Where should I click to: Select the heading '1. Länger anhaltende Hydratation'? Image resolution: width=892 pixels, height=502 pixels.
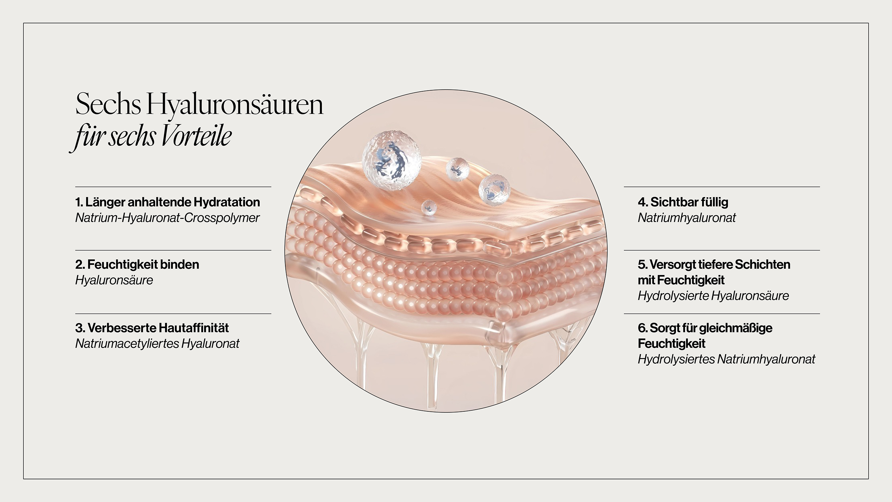(x=168, y=202)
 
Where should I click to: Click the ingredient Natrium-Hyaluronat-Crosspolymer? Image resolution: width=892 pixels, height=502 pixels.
(x=167, y=218)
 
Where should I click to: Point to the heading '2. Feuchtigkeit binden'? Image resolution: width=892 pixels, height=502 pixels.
(x=137, y=265)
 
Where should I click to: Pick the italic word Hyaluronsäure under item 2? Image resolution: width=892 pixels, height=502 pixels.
(x=114, y=280)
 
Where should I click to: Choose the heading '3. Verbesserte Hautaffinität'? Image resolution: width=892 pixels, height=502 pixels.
(x=152, y=328)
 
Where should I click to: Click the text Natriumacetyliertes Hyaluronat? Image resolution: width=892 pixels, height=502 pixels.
(x=157, y=344)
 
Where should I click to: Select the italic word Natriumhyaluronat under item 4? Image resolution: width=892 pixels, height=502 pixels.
(x=687, y=218)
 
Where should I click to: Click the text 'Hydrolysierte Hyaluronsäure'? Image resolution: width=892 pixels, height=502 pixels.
(x=713, y=296)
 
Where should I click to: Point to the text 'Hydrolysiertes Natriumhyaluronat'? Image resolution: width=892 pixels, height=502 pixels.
(x=726, y=359)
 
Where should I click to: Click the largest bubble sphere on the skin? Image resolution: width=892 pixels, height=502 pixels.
(x=391, y=161)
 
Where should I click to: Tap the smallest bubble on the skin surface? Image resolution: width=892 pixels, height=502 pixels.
(x=429, y=207)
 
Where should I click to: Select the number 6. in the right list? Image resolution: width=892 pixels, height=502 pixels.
(x=643, y=328)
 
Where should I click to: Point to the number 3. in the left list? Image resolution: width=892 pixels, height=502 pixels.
(x=80, y=328)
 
